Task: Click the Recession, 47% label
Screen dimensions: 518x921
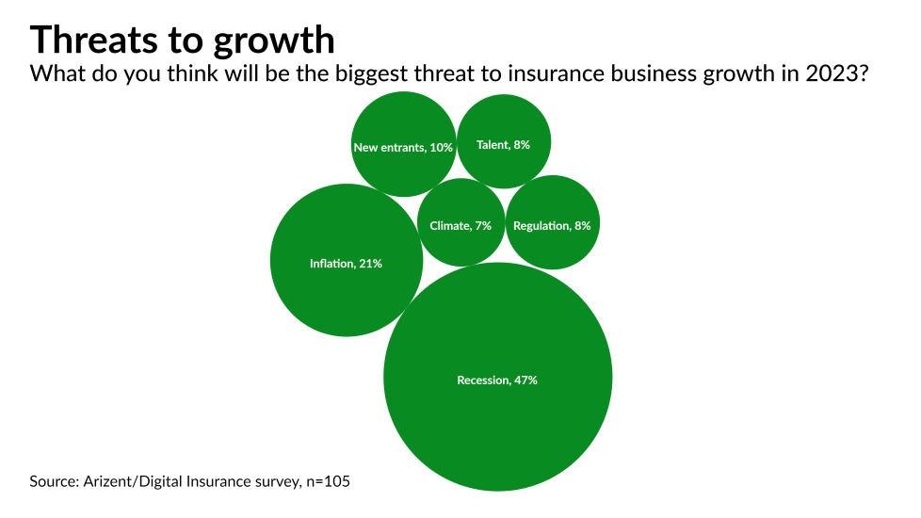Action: click(x=497, y=380)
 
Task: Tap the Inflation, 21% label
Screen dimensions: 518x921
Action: click(x=346, y=264)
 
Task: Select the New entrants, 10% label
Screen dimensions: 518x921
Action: click(x=403, y=148)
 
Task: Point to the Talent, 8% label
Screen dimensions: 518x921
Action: click(x=504, y=145)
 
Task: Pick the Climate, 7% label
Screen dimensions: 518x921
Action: click(x=460, y=226)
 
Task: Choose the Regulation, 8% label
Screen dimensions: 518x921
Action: click(x=552, y=226)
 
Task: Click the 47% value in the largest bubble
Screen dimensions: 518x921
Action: click(x=525, y=380)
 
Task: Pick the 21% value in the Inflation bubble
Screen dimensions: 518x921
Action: click(x=370, y=264)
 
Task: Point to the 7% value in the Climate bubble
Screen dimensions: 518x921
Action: click(x=482, y=226)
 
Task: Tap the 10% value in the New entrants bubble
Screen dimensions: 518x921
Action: click(x=441, y=148)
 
